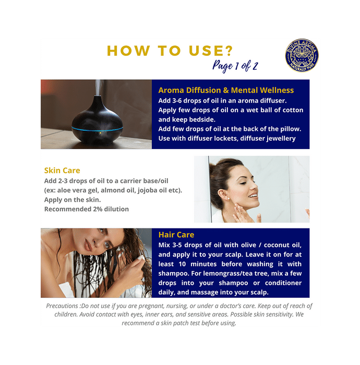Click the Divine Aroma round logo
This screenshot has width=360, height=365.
point(302,55)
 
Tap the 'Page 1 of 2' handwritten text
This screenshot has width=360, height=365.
point(235,66)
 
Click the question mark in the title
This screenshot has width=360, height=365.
point(229,51)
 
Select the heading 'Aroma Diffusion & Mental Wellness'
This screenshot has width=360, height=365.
point(226,90)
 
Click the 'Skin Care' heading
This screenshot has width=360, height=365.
point(62,171)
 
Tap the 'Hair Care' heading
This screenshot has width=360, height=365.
point(176,235)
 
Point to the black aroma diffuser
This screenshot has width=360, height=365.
point(98,119)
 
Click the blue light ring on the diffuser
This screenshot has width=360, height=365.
point(98,129)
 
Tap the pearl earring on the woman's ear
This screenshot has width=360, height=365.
point(229,199)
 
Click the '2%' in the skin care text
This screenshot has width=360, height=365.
point(98,209)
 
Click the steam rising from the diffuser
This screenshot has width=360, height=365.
point(98,87)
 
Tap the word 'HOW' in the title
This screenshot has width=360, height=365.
point(128,51)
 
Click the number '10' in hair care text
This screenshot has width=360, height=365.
point(182,264)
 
